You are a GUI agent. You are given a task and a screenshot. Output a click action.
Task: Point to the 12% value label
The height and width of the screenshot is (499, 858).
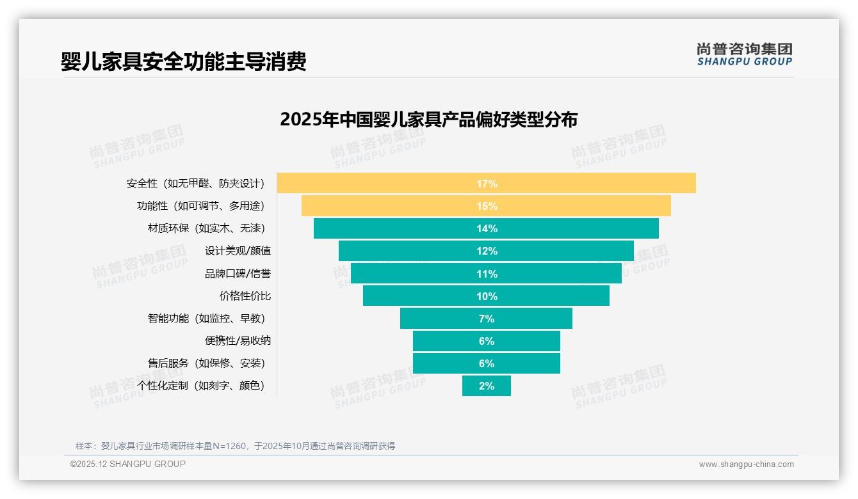point(487,251)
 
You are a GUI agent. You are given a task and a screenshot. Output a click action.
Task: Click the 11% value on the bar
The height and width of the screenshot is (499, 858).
point(487,274)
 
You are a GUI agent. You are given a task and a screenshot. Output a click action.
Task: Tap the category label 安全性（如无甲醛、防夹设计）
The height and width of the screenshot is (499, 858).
point(195,184)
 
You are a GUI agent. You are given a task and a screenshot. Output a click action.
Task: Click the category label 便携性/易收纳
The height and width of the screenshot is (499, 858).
point(238,340)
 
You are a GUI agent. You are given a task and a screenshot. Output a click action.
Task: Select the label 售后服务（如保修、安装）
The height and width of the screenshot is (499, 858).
point(206,363)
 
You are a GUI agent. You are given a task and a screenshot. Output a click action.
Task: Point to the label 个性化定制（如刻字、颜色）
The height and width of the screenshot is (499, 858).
point(200,386)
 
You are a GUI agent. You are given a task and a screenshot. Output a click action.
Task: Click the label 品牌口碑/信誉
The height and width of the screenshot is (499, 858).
point(238,274)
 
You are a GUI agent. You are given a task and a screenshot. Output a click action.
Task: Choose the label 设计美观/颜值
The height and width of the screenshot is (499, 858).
point(238,251)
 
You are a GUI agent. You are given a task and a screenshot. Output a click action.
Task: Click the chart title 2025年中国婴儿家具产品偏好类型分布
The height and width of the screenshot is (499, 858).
point(428,120)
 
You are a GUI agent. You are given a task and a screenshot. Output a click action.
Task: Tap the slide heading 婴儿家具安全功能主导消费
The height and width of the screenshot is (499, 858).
point(183,61)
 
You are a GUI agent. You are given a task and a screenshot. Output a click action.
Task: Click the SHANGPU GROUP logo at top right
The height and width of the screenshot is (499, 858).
point(744,54)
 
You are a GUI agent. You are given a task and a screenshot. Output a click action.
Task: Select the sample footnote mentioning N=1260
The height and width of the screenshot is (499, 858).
point(235,446)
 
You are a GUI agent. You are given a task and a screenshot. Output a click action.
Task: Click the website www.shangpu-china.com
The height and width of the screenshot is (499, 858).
point(746,464)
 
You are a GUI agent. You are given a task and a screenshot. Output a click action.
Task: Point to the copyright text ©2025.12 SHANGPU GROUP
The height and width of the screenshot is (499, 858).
point(128,464)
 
